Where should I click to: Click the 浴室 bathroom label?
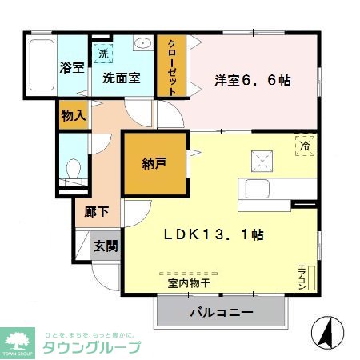click(x=73, y=68)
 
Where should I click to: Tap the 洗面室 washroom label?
click(x=121, y=78)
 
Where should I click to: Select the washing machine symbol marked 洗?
click(x=103, y=54)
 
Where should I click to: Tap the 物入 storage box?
click(x=73, y=115)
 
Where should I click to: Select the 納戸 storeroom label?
click(x=155, y=164)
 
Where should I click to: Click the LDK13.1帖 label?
click(x=214, y=236)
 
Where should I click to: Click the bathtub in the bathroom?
click(x=42, y=66)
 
